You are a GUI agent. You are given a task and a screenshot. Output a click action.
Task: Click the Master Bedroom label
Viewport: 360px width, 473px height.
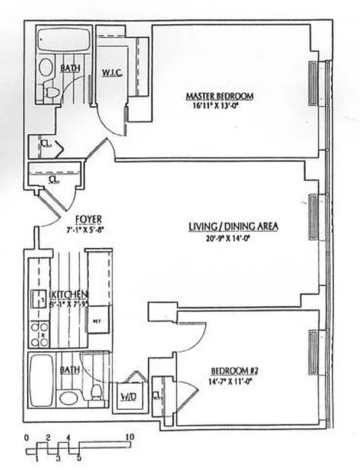219,96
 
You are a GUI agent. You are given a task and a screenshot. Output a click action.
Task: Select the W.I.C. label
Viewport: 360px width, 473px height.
111,74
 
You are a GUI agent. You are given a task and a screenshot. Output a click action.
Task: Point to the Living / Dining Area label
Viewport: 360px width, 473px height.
233,226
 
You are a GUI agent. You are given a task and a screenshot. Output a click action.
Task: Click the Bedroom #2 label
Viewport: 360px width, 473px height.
235,371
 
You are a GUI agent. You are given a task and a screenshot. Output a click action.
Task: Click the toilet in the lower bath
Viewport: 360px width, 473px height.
95,391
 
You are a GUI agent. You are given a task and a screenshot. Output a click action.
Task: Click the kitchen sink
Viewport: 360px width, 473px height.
39,298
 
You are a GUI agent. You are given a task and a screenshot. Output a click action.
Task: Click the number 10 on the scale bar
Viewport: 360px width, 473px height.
131,438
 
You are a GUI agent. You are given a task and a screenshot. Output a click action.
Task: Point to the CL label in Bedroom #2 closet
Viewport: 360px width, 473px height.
157,395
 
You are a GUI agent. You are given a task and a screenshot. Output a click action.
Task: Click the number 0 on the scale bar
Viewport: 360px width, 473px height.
27,438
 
